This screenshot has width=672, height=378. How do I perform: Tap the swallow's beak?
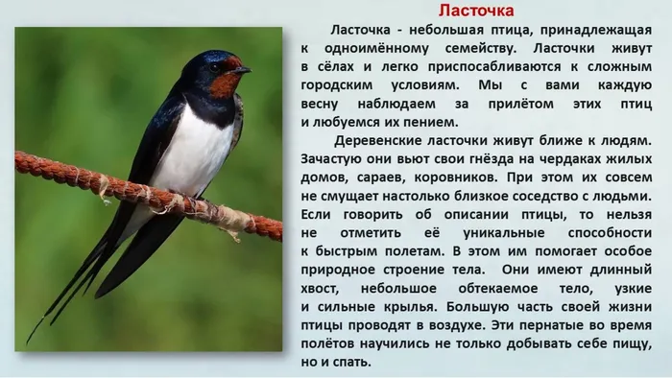point(243,69)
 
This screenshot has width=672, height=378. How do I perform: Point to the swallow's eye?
point(216,67)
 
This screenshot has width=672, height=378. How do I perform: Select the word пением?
point(430,121)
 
